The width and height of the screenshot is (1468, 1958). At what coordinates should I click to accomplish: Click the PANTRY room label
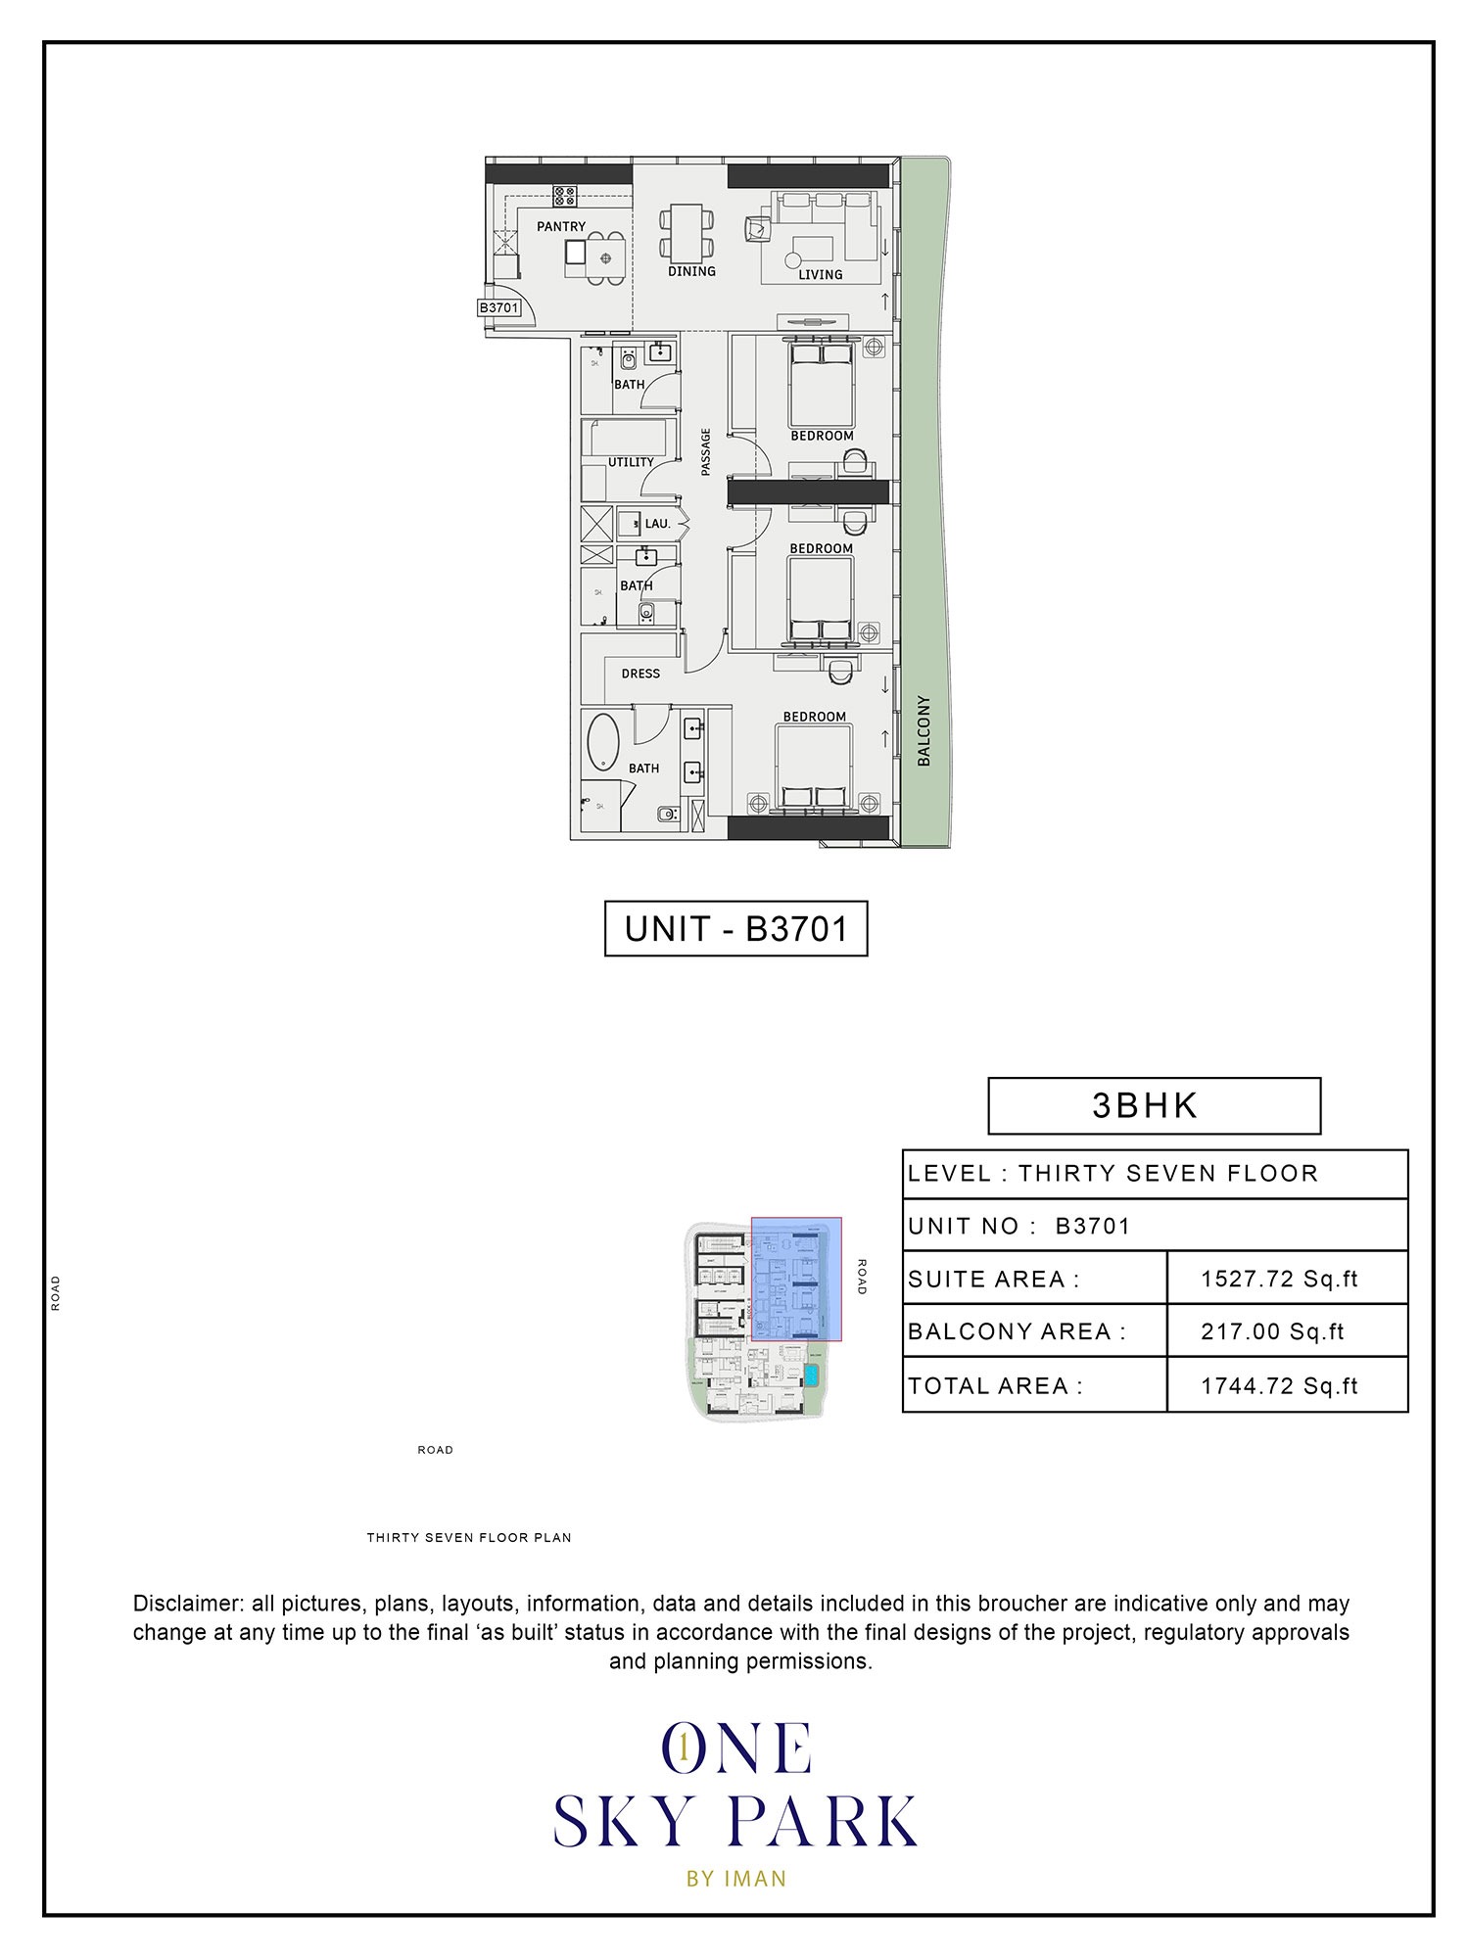pos(561,226)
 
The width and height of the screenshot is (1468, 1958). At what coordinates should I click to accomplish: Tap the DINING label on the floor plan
pos(691,271)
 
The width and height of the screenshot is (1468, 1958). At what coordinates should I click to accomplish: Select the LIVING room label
pos(820,274)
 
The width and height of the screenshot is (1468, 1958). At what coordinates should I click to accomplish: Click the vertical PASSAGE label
pos(705,452)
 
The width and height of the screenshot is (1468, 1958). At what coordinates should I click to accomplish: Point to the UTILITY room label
pos(631,462)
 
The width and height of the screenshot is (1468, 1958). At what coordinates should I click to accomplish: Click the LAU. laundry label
pos(657,524)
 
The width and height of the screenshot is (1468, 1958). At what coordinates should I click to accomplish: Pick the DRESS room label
pos(640,674)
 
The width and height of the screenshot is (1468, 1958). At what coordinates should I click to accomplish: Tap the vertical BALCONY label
pos(923,730)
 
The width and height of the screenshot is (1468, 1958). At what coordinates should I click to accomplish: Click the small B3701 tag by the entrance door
pos(498,307)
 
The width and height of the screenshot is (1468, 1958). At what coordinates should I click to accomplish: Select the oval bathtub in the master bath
pos(602,742)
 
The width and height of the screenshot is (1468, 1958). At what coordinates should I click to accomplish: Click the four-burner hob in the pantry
pos(564,195)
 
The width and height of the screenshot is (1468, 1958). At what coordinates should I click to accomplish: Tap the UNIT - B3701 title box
pos(735,928)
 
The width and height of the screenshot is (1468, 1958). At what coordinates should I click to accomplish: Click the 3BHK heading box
pos(1154,1105)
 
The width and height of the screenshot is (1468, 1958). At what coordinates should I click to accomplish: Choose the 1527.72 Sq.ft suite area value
pos(1279,1279)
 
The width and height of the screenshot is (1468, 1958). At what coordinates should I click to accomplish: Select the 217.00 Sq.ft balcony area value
pos(1272,1331)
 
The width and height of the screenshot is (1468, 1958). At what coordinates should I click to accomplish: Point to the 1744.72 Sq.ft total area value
pos(1279,1385)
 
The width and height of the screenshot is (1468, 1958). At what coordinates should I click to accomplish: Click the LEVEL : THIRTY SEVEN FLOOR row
pos(1113,1173)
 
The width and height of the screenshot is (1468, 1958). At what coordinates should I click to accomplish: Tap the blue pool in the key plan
pos(811,1375)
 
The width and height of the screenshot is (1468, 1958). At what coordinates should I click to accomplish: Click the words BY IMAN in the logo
pos(736,1878)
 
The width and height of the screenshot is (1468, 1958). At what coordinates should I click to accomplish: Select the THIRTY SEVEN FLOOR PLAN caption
pos(469,1537)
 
